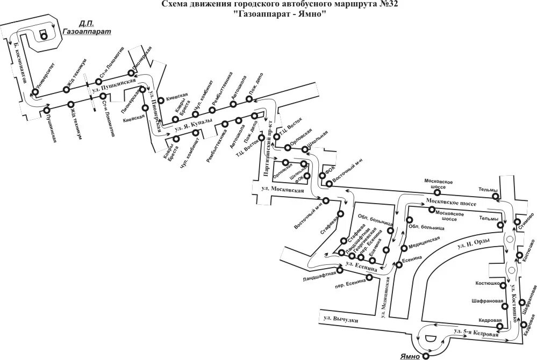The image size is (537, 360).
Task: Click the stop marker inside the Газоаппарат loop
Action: pos(44,36)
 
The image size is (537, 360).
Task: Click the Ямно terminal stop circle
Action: pos(426,355)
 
